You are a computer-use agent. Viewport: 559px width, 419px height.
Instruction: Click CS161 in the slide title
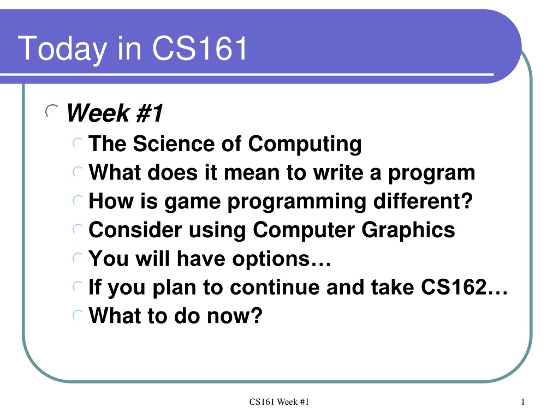[x=200, y=48]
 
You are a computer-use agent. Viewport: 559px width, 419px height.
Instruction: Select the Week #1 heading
[x=115, y=113]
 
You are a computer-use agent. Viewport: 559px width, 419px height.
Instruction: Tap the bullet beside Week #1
[x=51, y=111]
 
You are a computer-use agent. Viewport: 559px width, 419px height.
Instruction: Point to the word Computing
[x=305, y=145]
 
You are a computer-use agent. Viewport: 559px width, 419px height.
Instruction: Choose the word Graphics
[x=408, y=231]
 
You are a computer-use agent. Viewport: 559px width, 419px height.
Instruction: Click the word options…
[x=282, y=259]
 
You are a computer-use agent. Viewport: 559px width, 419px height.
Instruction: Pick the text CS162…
[x=464, y=287]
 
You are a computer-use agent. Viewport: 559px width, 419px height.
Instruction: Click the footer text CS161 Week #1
[x=279, y=402]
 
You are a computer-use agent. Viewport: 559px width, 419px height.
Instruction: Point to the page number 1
[x=523, y=402]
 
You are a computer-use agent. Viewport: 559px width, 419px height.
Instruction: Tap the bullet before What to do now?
[x=78, y=315]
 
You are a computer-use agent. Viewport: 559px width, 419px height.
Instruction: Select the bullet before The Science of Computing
[x=78, y=143]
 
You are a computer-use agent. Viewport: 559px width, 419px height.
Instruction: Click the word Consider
[x=135, y=230]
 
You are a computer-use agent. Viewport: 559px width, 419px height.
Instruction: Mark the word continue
[x=275, y=287]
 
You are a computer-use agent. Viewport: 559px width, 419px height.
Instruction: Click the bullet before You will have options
[x=78, y=258]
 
